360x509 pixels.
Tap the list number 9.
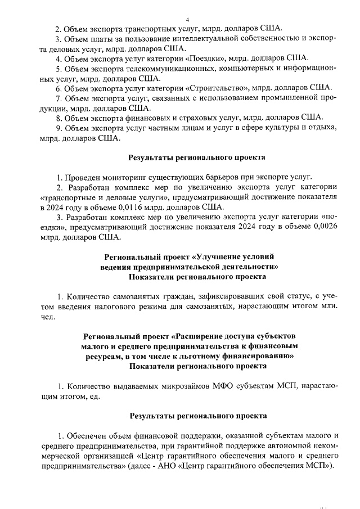pyautogui.click(x=58, y=128)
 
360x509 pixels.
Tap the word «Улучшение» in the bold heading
pyautogui.click(x=222, y=256)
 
